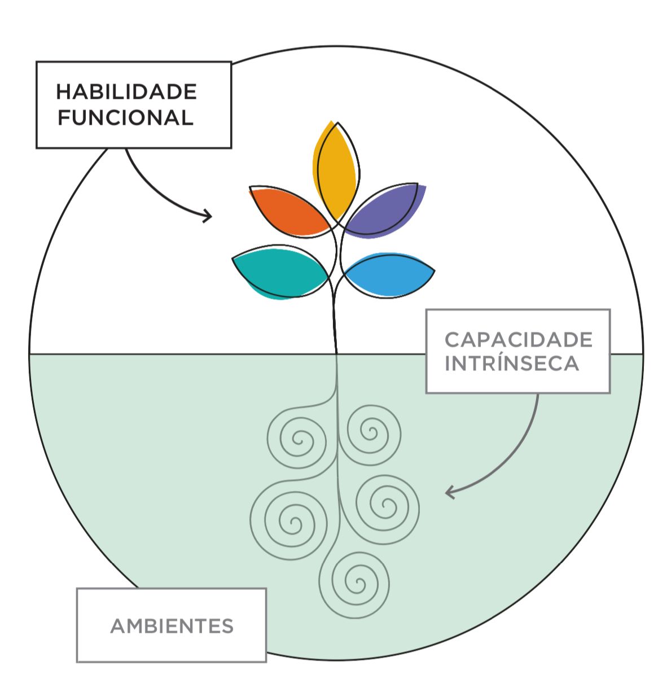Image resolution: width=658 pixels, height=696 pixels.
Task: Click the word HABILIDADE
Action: (126, 91)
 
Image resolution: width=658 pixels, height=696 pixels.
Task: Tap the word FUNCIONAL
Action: (126, 117)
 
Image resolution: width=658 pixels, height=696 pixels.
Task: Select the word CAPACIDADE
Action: (518, 340)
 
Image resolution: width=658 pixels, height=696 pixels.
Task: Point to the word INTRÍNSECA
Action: (512, 362)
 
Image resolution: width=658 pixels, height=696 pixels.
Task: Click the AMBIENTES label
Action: (172, 626)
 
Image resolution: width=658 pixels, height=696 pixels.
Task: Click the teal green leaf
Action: (280, 272)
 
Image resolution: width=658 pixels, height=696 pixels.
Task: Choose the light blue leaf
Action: (389, 276)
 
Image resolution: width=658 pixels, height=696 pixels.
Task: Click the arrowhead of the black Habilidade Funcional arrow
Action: (208, 216)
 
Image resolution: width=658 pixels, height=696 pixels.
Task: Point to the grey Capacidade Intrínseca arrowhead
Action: (450, 492)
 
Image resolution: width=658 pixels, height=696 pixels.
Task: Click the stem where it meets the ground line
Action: (336, 353)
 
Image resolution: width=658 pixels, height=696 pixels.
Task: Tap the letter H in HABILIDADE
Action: (64, 92)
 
